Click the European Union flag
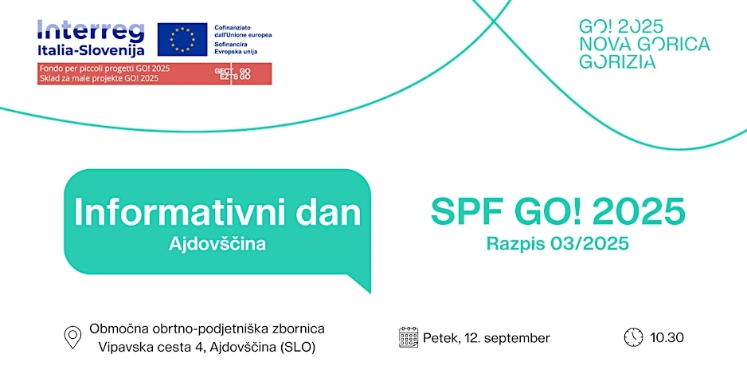[x=182, y=39]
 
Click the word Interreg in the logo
[x=91, y=31]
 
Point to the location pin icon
[x=73, y=337]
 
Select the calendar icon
[x=409, y=337]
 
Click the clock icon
[x=633, y=337]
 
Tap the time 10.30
[x=667, y=338]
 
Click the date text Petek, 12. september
[x=487, y=338]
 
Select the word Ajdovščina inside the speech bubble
[x=217, y=245]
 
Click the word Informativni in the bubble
[x=180, y=212]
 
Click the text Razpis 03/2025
[x=558, y=244]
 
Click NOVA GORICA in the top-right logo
[x=644, y=44]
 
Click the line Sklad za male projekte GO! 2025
[x=100, y=78]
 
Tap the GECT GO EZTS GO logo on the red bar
[x=233, y=74]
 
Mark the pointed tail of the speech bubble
[x=370, y=292]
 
